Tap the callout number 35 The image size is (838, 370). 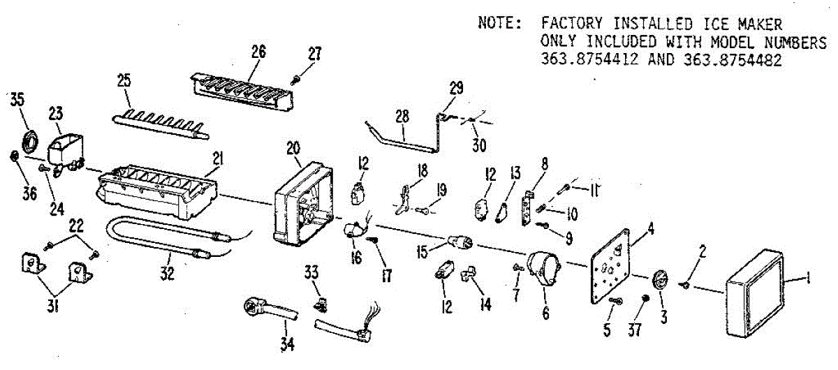pyautogui.click(x=17, y=98)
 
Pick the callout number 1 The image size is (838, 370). pyautogui.click(x=808, y=280)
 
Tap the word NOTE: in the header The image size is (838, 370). pyautogui.click(x=499, y=23)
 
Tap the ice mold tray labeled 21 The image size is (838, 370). pyautogui.click(x=157, y=189)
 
